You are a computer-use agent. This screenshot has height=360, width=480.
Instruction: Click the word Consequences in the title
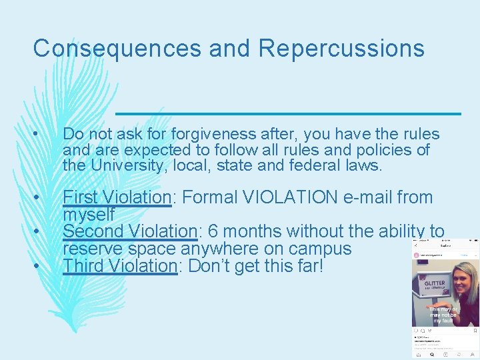tap(116, 48)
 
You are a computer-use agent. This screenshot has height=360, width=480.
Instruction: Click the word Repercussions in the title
tap(341, 48)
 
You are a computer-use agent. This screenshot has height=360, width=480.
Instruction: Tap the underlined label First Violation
tap(117, 198)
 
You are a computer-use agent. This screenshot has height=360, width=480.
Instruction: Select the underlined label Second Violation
tap(130, 232)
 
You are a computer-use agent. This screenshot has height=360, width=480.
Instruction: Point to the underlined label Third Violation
tap(119, 266)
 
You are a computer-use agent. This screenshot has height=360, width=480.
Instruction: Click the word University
tap(121, 165)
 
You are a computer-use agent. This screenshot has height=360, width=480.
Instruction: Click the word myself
tap(89, 215)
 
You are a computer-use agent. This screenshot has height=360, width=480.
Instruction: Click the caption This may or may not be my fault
tap(443, 315)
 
